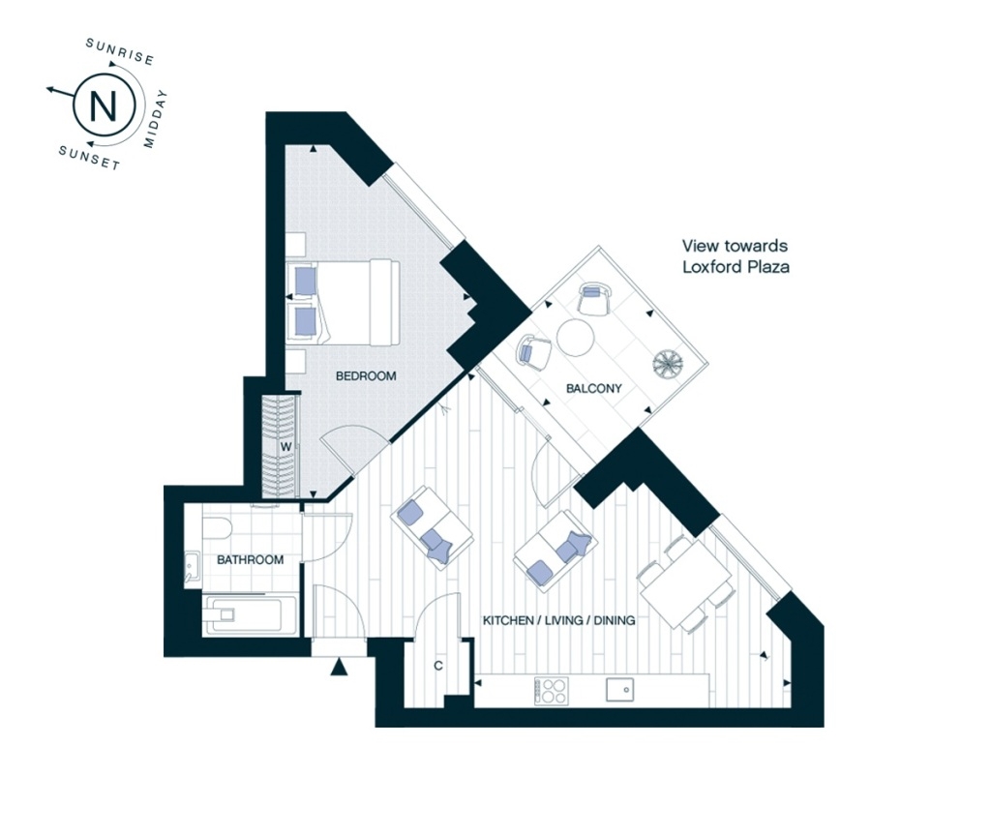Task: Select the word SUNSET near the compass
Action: coord(88,158)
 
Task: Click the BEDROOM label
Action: coord(366,375)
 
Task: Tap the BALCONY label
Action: coord(594,389)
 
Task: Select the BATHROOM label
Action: coord(250,560)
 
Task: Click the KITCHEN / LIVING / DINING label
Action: coord(558,620)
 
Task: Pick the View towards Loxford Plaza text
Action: coord(736,256)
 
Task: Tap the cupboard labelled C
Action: coord(438,666)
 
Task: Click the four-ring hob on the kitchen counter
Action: coord(552,691)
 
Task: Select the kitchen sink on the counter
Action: coord(619,690)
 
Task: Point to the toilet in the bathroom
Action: coord(217,529)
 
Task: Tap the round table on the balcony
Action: coord(576,339)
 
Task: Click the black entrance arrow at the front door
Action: coord(339,667)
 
